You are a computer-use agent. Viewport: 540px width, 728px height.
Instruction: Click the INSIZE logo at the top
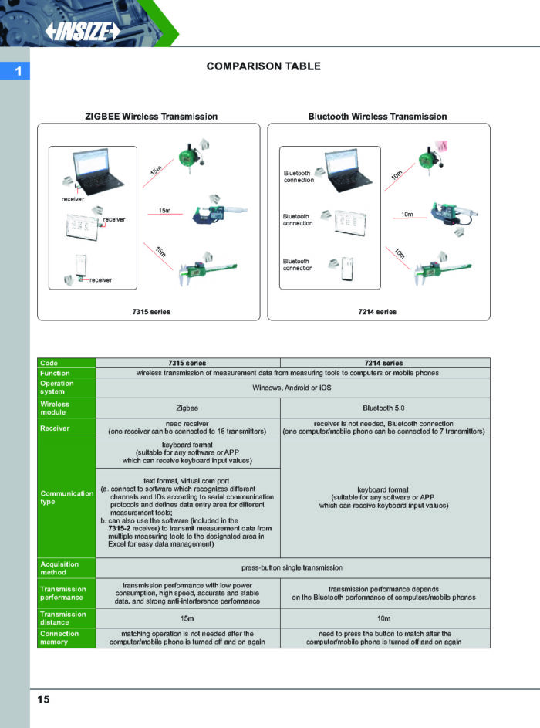[83, 31]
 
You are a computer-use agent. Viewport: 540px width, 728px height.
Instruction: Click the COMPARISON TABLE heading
[263, 66]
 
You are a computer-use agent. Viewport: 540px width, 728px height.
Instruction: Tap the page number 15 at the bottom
[43, 699]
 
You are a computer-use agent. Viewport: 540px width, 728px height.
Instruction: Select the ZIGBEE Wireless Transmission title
[150, 117]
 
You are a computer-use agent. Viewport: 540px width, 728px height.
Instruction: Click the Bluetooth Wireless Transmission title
[377, 117]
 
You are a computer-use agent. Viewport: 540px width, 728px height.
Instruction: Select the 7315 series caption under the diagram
[151, 312]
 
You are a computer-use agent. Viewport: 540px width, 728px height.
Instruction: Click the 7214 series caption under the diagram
[377, 312]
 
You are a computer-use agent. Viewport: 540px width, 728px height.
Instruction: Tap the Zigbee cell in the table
[187, 408]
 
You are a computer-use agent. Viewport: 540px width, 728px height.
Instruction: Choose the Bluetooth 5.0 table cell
[384, 408]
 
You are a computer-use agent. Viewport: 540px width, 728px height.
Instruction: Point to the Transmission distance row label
[61, 618]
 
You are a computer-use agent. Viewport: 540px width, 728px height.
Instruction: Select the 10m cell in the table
[384, 618]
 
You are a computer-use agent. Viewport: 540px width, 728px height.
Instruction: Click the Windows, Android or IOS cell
[292, 388]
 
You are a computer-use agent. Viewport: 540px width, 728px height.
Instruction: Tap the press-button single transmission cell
[292, 568]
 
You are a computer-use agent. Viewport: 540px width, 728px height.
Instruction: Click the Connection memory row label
[60, 638]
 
